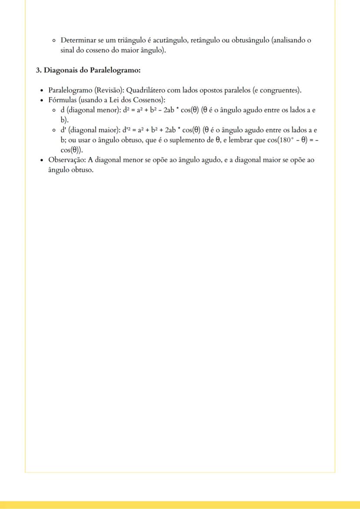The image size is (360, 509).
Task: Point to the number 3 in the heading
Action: pos(38,70)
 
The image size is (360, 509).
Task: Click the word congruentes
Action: pos(278,90)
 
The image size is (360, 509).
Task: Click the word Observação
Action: pos(67,160)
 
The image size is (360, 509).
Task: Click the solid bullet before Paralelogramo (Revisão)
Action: pos(41,91)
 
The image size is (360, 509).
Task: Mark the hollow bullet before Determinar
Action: pos(53,41)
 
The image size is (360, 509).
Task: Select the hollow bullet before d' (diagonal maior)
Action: pos(53,130)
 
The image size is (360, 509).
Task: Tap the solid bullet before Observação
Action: pos(41,160)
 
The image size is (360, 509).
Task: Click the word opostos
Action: pos(214,90)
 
